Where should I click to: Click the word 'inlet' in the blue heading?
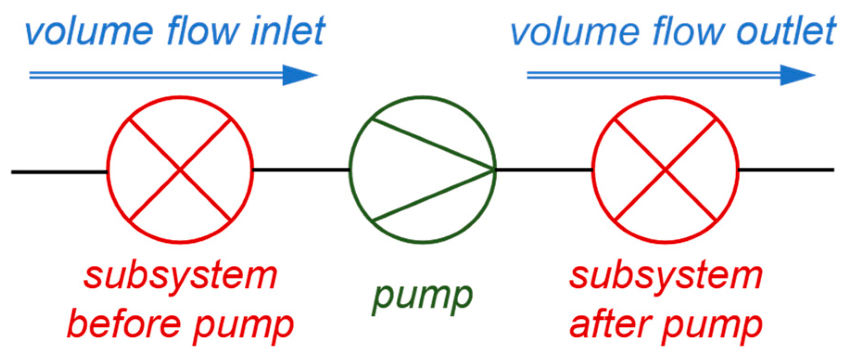287,31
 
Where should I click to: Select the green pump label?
422,297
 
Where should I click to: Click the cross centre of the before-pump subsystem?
180,171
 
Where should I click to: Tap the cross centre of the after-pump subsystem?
665,171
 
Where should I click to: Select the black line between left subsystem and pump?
301,170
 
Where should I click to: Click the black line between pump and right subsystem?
544,170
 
